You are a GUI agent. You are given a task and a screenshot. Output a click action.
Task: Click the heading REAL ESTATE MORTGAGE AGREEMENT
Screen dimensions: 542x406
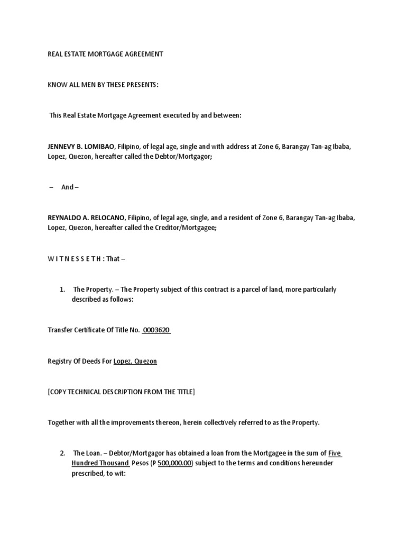(105, 54)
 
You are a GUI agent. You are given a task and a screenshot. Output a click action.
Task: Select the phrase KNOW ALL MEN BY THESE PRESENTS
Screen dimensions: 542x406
(103, 85)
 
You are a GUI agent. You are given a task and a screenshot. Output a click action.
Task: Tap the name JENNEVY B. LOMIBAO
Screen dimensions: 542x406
(81, 147)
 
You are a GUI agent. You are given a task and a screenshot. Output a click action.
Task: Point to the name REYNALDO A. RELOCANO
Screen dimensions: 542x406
(86, 218)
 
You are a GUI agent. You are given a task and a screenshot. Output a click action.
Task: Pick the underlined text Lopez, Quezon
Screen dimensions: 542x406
(135, 361)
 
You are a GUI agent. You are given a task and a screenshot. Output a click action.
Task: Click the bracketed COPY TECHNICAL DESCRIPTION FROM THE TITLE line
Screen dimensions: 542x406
(122, 392)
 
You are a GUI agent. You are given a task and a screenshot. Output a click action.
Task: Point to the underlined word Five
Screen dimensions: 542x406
(335, 454)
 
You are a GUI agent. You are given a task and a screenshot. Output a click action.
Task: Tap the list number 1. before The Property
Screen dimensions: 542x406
(62, 290)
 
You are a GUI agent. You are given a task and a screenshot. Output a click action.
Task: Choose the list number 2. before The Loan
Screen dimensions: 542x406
(62, 454)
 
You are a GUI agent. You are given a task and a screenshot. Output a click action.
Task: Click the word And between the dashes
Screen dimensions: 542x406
(67, 187)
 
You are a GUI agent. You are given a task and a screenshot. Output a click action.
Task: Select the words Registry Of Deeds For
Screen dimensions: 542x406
(80, 361)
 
